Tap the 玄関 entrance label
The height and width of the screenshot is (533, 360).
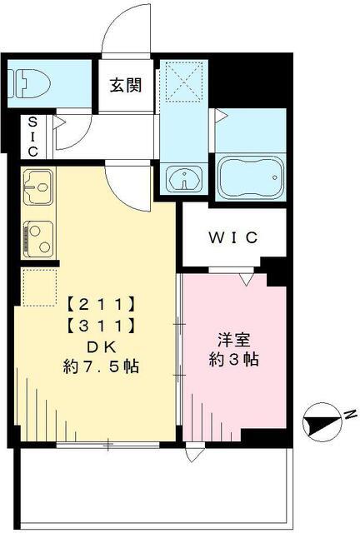coord(127,83)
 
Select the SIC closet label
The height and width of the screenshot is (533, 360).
coord(32,137)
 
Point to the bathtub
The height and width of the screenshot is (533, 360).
coord(250,176)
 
